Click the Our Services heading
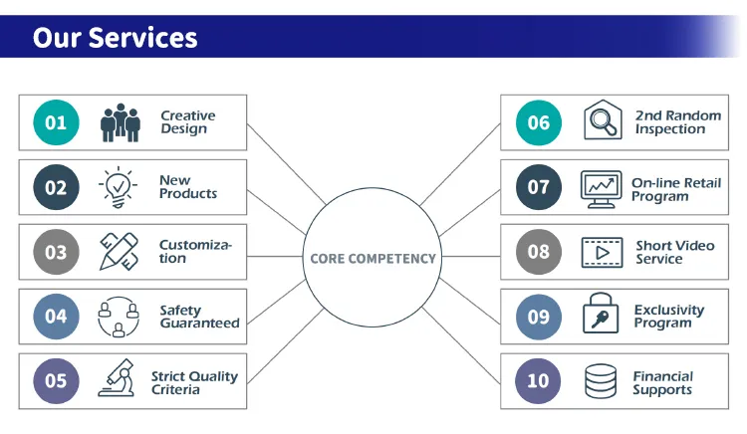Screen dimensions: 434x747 pyautogui.click(x=115, y=37)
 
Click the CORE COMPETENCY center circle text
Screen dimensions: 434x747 pyautogui.click(x=373, y=258)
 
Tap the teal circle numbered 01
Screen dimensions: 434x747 pyautogui.click(x=56, y=122)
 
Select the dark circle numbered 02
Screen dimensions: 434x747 pyautogui.click(x=56, y=187)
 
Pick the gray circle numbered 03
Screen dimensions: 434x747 pyautogui.click(x=56, y=252)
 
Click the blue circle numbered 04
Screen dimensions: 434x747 pyautogui.click(x=56, y=317)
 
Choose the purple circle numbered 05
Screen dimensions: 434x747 pyautogui.click(x=56, y=381)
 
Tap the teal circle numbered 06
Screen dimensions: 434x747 pyautogui.click(x=539, y=122)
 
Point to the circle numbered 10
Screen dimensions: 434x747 pyautogui.click(x=539, y=381)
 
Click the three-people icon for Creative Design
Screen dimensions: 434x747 pyautogui.click(x=120, y=122)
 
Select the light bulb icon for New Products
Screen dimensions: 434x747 pyautogui.click(x=118, y=186)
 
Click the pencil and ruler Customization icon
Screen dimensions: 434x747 pyautogui.click(x=119, y=252)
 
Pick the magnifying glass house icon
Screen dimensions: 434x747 pyautogui.click(x=602, y=121)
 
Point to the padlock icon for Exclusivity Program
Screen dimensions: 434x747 pyautogui.click(x=601, y=316)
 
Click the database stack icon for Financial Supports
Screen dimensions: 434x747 pyautogui.click(x=600, y=381)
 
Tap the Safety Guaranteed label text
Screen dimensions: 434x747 pyautogui.click(x=199, y=317)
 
